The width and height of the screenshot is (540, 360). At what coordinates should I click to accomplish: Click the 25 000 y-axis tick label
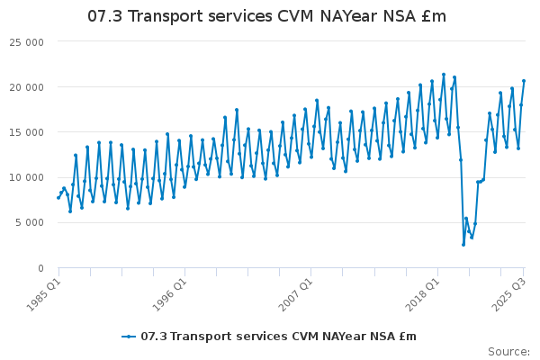point(27,42)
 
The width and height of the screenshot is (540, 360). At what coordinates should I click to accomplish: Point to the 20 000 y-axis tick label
point(27,87)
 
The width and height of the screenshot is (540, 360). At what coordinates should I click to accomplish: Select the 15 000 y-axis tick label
point(27,132)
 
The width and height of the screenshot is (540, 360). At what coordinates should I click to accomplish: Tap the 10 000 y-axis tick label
point(27,177)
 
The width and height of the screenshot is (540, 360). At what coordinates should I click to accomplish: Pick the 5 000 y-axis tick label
point(30,222)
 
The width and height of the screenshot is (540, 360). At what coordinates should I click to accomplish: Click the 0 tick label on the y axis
point(41,267)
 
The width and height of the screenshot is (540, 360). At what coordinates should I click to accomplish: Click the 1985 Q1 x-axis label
point(42,292)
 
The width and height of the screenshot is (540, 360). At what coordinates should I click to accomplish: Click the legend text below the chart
point(278,337)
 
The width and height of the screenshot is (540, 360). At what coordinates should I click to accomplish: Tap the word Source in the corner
point(508,351)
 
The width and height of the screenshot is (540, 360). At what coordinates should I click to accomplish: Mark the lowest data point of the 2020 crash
point(463,244)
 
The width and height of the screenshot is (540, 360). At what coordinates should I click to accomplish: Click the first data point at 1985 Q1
point(58,197)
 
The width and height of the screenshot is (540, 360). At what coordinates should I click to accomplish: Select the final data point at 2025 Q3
point(524,81)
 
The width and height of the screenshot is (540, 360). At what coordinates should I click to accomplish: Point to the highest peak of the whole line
point(444,75)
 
